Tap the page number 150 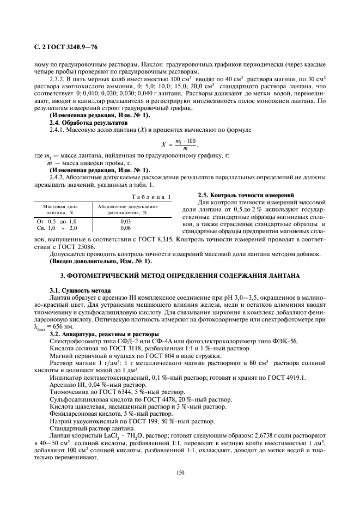click(x=180, y=472)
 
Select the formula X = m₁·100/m click(x=179, y=145)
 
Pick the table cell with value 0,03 click(x=125, y=222)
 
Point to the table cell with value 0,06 click(x=125, y=228)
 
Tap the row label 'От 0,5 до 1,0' click(x=57, y=222)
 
